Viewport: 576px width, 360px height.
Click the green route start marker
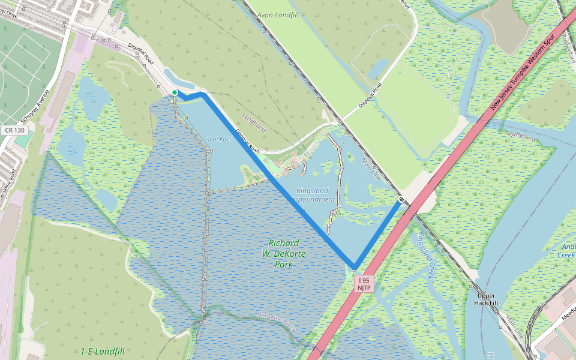[x=175, y=92]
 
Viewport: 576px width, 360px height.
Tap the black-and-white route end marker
[x=401, y=199]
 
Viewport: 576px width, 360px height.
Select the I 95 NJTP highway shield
[x=364, y=284]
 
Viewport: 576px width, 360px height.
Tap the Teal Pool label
[x=219, y=139]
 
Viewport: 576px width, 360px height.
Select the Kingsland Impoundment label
[x=315, y=195]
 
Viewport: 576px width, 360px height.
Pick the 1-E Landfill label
[x=103, y=351]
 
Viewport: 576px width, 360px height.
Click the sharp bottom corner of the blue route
[x=355, y=268]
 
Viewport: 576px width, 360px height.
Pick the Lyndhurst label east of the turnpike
[x=521, y=137]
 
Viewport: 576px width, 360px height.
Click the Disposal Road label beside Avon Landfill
[x=370, y=96]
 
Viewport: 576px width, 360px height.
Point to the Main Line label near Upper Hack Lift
[x=515, y=326]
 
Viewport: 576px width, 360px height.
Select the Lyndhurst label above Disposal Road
[x=254, y=114]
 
